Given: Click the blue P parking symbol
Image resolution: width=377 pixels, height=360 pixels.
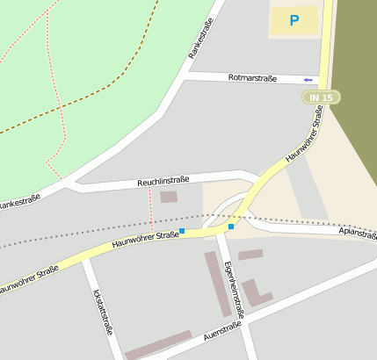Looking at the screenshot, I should [294, 20].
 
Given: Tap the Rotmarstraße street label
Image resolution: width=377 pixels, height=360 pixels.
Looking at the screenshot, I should [252, 78].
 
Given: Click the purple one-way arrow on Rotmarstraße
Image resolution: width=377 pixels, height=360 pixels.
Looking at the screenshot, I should [308, 79].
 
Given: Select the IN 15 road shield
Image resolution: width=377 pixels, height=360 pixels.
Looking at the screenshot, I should [320, 97].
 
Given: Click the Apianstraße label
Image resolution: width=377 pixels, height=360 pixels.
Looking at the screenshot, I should [357, 234].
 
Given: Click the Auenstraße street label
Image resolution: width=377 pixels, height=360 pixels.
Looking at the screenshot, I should [221, 331].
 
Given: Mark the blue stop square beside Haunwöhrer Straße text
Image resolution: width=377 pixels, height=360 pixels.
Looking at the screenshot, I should [182, 231].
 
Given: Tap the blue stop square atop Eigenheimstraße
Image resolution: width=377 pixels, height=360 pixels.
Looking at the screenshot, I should [231, 227].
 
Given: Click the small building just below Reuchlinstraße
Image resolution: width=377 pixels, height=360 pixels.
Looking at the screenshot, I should [168, 197].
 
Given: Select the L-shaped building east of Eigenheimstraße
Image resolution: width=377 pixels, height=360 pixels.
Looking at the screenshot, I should [255, 293].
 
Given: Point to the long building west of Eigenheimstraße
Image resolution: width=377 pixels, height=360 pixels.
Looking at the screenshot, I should [217, 283].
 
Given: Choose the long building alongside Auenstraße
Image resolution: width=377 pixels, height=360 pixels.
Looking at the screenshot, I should [158, 344].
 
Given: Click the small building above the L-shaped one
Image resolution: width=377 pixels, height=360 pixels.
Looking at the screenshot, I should [250, 255].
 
